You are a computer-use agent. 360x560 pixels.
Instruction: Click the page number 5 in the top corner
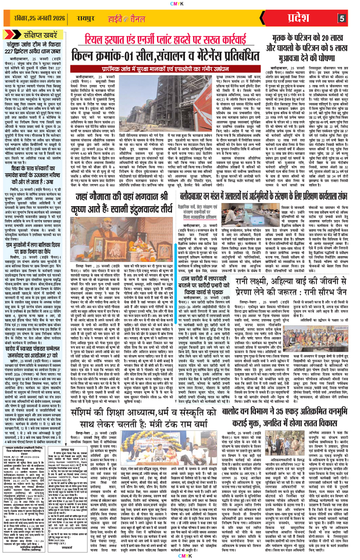click(x=342, y=18)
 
